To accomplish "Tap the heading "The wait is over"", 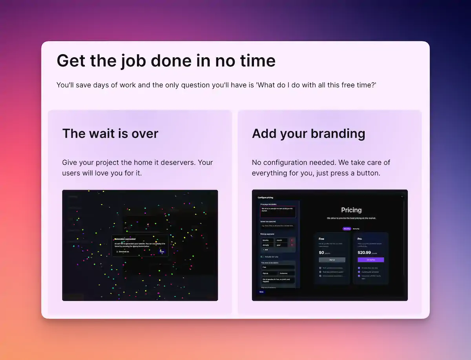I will point(110,133).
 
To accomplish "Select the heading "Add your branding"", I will point(309,133).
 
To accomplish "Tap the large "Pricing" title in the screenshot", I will point(351,210).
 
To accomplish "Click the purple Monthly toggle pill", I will point(347,228).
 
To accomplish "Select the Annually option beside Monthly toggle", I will point(356,228).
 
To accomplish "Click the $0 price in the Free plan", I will point(321,252).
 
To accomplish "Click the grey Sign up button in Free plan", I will point(332,260).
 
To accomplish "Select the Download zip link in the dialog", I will point(122,251).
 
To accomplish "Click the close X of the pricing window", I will point(402,196).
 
